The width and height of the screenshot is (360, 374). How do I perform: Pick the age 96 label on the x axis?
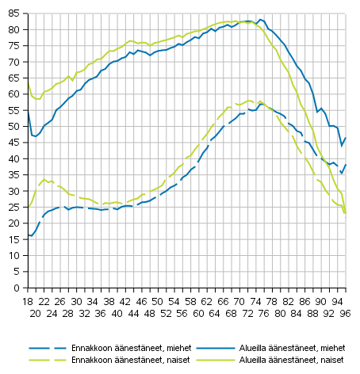point(345,313)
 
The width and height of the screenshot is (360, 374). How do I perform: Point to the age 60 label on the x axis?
point(199,313)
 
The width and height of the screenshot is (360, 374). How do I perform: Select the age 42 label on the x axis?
point(126,301)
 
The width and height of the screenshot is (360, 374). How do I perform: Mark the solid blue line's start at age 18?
point(29,112)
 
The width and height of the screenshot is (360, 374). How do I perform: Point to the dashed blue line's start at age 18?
point(29,235)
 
